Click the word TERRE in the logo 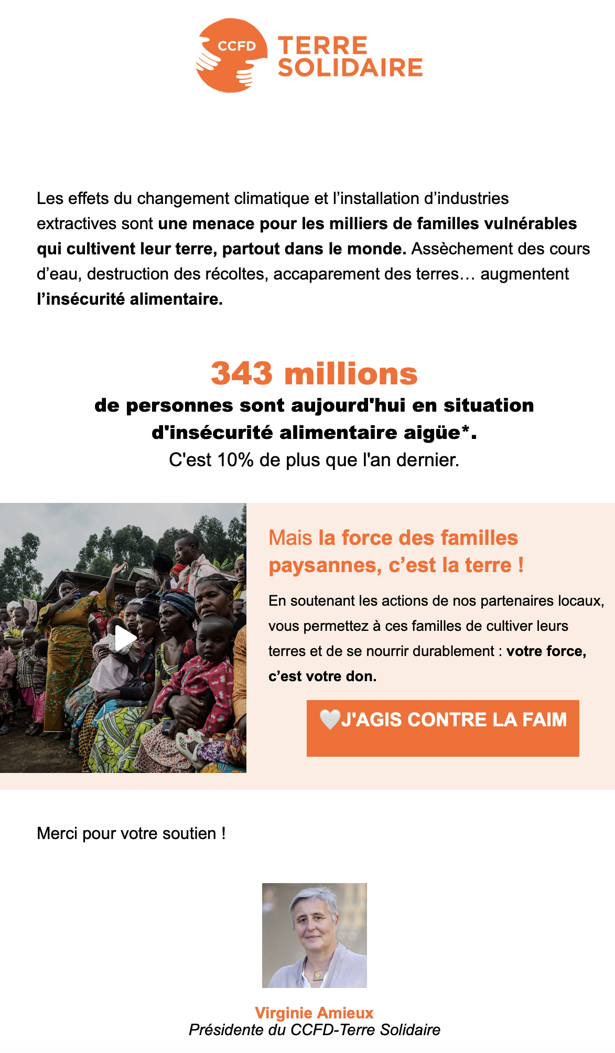pyautogui.click(x=322, y=46)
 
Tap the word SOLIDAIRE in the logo pyautogui.click(x=350, y=68)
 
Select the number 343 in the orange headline pyautogui.click(x=242, y=373)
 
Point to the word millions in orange pyautogui.click(x=351, y=373)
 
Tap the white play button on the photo pyautogui.click(x=125, y=638)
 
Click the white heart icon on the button pyautogui.click(x=330, y=719)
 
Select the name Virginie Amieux pyautogui.click(x=314, y=1013)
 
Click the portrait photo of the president pyautogui.click(x=315, y=935)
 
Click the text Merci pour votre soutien pyautogui.click(x=131, y=833)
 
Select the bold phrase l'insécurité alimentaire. pyautogui.click(x=130, y=299)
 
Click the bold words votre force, pyautogui.click(x=546, y=651)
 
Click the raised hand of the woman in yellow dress pyautogui.click(x=122, y=566)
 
